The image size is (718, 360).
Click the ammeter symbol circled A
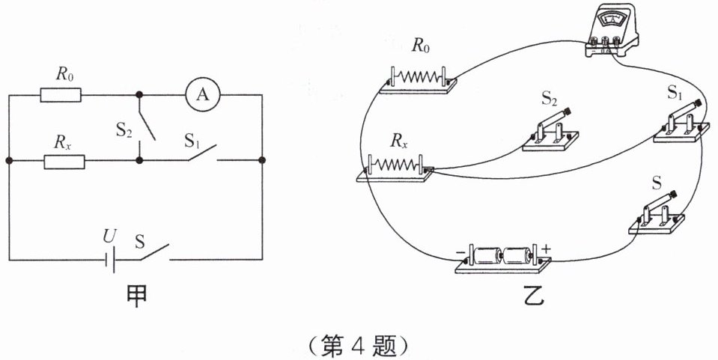202,95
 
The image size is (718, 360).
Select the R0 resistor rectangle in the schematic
61,95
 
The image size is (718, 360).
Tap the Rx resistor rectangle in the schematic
64,162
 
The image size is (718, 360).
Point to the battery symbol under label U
110,260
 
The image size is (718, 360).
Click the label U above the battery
109,237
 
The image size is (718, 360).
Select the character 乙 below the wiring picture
533,296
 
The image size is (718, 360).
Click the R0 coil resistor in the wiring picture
419,80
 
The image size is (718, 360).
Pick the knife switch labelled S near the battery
657,213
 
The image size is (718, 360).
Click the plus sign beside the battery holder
547,248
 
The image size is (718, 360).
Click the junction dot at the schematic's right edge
262,160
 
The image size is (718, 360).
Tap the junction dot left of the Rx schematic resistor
9,161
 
